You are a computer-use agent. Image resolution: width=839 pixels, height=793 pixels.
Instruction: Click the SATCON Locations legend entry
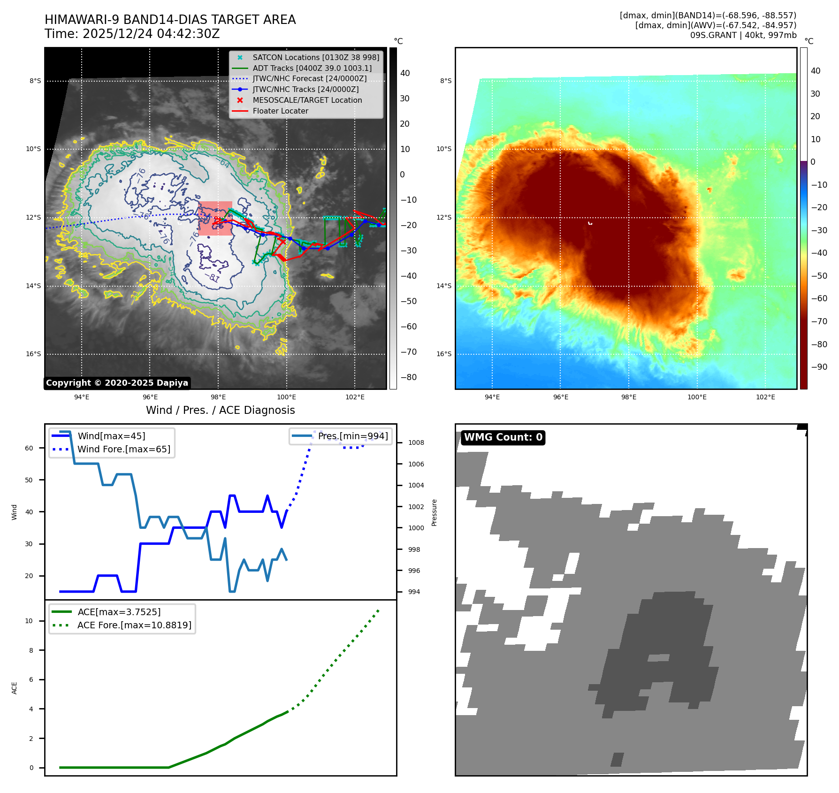click(315, 58)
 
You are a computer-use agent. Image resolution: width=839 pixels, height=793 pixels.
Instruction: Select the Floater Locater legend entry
click(280, 111)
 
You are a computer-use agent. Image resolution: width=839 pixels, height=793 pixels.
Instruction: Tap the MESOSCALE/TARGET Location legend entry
click(307, 100)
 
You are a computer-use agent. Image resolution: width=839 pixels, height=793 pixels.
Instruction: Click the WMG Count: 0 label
click(503, 437)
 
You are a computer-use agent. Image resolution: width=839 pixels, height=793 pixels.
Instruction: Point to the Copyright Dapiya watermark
click(117, 383)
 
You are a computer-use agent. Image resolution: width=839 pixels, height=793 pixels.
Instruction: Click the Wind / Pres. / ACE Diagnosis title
click(220, 410)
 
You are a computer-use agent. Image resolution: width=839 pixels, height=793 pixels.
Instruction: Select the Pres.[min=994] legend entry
click(352, 436)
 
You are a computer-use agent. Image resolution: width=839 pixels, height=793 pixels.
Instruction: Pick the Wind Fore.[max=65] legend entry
click(123, 450)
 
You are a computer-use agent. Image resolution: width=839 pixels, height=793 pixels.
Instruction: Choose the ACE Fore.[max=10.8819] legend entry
click(134, 625)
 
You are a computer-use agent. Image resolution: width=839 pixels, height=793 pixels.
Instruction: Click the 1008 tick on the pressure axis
click(416, 443)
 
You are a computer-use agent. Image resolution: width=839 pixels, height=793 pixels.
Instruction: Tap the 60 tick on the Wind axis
click(29, 448)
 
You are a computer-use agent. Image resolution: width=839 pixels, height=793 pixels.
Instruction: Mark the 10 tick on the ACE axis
click(29, 621)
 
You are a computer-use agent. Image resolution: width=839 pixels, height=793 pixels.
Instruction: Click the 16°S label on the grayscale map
click(33, 354)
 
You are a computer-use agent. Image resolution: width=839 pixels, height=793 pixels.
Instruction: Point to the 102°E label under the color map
click(765, 397)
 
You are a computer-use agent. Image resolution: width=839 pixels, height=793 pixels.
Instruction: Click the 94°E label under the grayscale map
click(82, 397)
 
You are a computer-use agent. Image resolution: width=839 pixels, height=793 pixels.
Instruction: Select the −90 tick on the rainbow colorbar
click(819, 367)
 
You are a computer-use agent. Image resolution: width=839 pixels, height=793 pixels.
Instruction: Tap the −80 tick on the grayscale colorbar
click(408, 377)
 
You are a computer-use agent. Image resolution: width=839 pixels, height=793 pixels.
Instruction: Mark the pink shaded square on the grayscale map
click(215, 219)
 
